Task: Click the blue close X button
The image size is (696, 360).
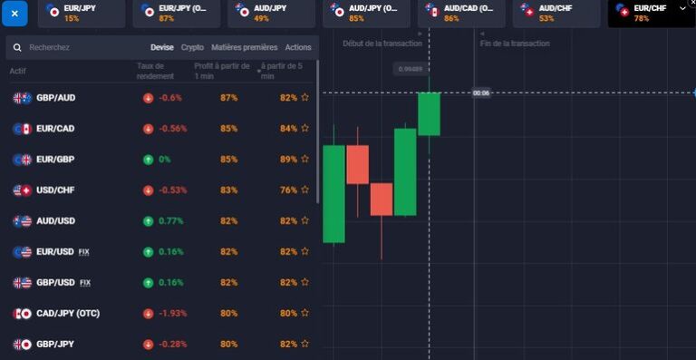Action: click(14, 14)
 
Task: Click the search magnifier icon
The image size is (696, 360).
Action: click(17, 47)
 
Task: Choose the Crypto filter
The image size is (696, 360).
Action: click(192, 47)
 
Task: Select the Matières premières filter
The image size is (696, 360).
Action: click(244, 47)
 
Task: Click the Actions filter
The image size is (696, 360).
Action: click(297, 47)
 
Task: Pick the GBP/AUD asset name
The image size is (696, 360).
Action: click(55, 98)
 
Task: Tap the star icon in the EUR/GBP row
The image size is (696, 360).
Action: click(305, 160)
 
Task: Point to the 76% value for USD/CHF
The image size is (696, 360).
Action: click(288, 190)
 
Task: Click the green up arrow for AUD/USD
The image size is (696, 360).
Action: click(148, 221)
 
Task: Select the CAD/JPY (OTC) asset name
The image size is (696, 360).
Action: click(68, 314)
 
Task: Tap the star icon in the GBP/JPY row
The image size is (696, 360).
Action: click(305, 345)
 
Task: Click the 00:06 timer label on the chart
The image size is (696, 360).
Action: click(481, 92)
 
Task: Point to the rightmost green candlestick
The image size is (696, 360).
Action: click(429, 113)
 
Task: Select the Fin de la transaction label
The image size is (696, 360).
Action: click(515, 44)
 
